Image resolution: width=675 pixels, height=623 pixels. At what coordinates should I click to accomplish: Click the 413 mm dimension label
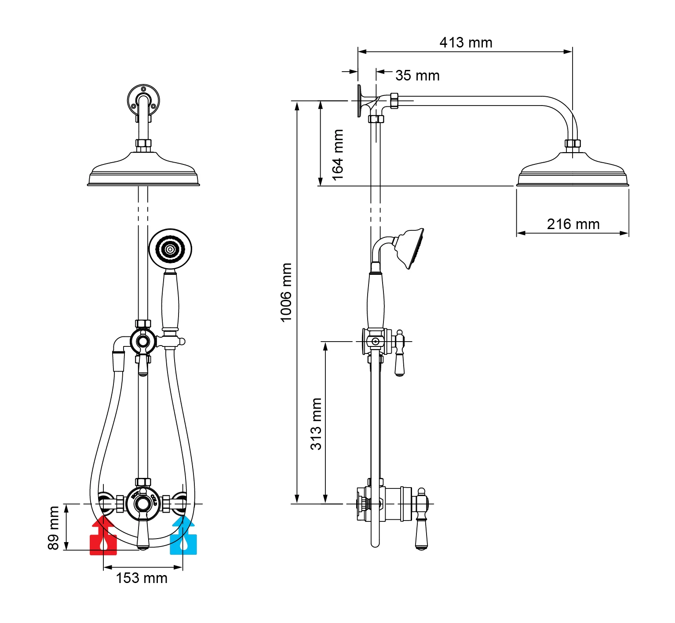[466, 43]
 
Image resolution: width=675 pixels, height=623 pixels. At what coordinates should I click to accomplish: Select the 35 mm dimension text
[417, 76]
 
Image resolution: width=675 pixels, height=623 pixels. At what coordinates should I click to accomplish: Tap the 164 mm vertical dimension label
[337, 155]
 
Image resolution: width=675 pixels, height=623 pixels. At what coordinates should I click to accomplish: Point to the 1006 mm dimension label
[286, 292]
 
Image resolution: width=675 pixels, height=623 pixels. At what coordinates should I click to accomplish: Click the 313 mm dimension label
[316, 424]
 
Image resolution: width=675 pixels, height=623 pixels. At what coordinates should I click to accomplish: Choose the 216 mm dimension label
[573, 224]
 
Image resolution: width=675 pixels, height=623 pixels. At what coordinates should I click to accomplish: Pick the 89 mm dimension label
[53, 528]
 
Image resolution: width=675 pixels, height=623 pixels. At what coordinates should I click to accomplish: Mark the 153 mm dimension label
[142, 578]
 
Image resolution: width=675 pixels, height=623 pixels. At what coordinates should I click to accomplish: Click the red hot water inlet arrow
[103, 536]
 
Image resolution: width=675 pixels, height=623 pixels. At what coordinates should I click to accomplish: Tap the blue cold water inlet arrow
[183, 536]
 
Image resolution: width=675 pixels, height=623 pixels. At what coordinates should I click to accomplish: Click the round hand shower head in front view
[170, 249]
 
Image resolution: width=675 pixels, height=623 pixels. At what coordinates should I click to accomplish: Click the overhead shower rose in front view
[143, 172]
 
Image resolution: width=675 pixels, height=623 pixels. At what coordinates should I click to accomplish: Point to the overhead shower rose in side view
[572, 172]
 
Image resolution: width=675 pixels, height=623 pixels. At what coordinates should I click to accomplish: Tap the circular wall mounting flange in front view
[143, 99]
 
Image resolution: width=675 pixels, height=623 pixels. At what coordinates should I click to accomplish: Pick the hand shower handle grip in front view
[170, 301]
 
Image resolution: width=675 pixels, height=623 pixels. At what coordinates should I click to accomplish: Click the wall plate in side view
[360, 101]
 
